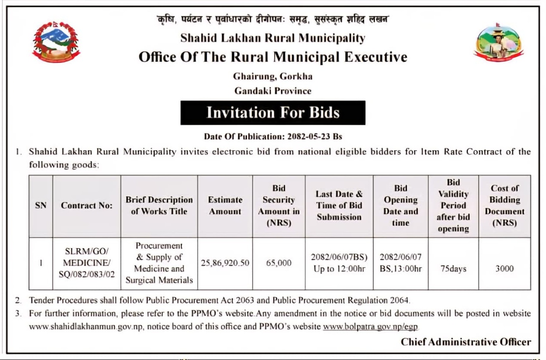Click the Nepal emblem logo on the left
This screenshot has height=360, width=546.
56,43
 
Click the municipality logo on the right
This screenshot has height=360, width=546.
498,42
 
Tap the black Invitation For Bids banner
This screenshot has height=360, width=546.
273,113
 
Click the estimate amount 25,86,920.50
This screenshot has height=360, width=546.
225,263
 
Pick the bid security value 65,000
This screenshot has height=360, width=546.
279,263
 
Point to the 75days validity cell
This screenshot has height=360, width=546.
453,268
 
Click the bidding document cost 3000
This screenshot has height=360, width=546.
504,268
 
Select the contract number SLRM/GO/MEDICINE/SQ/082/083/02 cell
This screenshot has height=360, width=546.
87,263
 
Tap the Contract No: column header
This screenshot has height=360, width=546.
87,206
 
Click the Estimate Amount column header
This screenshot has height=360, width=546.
225,206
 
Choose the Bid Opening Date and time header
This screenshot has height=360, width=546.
400,206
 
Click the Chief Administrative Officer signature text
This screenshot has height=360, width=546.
466,342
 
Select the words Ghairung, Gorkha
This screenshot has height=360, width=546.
273,77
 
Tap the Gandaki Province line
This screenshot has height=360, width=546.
273,91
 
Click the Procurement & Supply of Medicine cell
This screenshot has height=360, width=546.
159,263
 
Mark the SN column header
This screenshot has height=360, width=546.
41,206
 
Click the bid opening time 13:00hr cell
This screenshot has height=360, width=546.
400,263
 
